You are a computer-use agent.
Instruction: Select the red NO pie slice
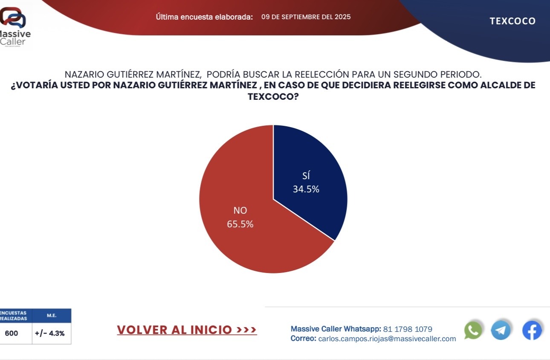[x=247, y=230]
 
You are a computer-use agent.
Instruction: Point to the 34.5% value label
[x=306, y=189]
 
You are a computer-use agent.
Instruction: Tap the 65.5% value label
[x=240, y=224]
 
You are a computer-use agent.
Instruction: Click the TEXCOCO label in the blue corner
[x=512, y=21]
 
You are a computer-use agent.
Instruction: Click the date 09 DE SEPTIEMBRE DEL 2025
[x=306, y=17]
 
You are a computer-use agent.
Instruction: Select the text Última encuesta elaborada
[x=204, y=17]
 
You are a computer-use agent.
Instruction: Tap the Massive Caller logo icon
[x=13, y=18]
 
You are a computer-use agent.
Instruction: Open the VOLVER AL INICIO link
[x=187, y=330]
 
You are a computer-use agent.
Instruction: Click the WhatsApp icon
[x=473, y=330]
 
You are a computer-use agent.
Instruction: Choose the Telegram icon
[x=501, y=330]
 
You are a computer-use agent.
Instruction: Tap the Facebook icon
[x=532, y=330]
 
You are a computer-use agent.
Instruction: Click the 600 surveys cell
[x=12, y=334]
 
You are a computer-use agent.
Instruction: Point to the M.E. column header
[x=52, y=316]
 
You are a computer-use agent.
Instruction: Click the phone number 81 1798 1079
[x=408, y=329]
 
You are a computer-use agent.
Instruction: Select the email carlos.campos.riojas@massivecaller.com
[x=387, y=339]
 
